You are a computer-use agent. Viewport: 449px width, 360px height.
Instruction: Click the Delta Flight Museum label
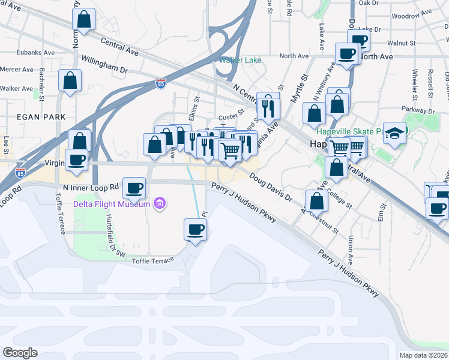tap(111, 204)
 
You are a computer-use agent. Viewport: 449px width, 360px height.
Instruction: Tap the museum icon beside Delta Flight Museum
tap(160, 204)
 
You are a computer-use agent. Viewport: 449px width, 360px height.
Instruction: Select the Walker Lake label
tap(240, 60)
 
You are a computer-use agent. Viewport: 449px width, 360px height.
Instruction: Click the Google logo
tap(20, 353)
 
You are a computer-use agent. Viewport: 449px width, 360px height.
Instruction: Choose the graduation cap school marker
tap(395, 132)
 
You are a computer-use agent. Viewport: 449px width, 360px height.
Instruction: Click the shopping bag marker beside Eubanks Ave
tap(85, 19)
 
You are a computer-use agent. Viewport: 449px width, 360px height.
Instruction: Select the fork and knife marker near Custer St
tap(268, 107)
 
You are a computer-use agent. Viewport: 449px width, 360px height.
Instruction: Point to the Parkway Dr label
tap(419, 110)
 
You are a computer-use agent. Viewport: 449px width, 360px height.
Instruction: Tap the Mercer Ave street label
tap(17, 70)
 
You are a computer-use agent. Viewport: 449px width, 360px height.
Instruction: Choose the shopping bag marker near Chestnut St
tap(316, 201)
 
